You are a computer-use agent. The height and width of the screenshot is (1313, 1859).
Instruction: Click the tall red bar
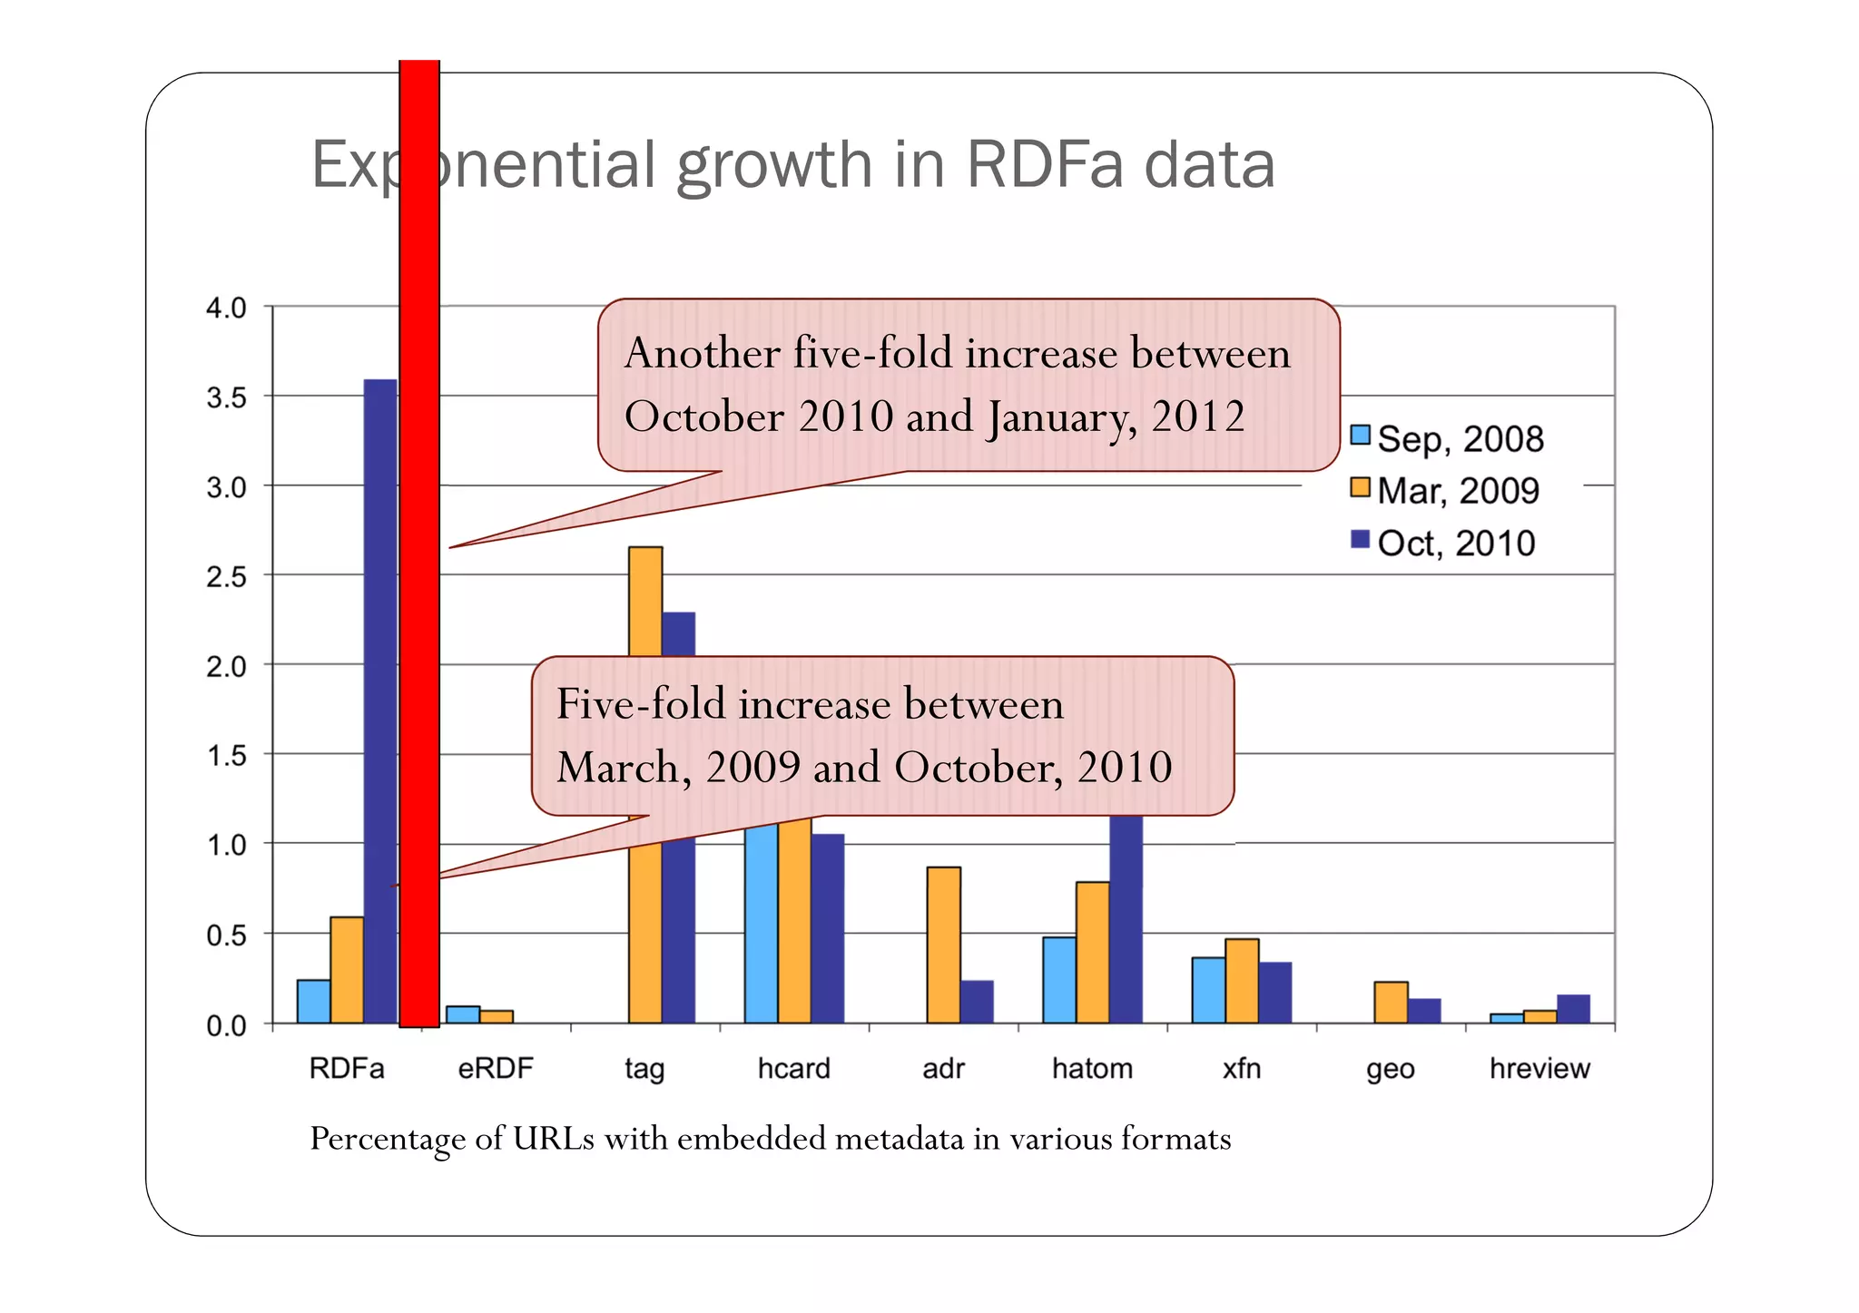pos(419,544)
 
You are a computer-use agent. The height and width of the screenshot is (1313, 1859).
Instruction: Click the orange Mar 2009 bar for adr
pos(943,945)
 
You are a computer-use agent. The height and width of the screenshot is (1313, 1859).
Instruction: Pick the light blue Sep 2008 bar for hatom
pos(1059,979)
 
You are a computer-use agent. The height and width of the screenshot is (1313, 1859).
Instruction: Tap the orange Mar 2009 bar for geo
pos(1391,1002)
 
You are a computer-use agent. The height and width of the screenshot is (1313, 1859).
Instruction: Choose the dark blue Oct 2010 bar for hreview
pos(1573,1009)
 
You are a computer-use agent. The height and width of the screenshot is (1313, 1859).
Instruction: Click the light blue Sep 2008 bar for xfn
pos(1208,990)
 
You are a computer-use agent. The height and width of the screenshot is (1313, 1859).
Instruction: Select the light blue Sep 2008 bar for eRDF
pos(463,1014)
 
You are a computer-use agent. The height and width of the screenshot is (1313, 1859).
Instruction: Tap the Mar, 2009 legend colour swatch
pos(1360,487)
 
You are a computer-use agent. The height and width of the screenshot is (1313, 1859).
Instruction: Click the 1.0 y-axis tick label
pos(226,845)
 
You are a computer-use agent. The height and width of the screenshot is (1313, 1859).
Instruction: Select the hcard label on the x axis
pos(793,1068)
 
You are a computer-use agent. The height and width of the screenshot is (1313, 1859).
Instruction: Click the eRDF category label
pos(496,1068)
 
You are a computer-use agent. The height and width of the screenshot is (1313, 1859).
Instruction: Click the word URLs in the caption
pos(553,1138)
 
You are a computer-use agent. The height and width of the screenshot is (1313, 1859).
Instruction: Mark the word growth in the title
pos(774,166)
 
